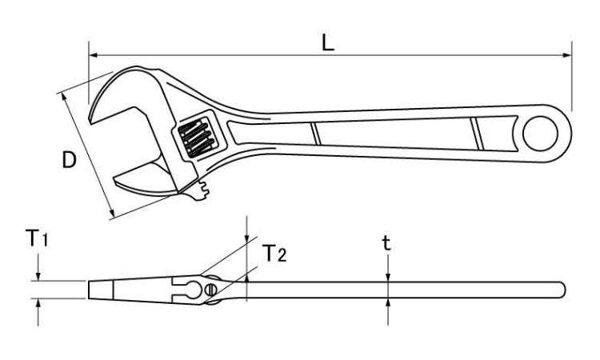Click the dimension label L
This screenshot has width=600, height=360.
pos(327,43)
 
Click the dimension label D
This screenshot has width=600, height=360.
pos(70,160)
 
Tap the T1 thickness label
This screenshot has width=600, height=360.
pos(37,238)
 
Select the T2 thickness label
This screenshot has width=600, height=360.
pos(274,253)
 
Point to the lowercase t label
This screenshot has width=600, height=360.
pos(387,242)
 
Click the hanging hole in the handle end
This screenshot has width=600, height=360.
pos(540,134)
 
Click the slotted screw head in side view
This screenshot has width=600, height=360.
pos(210,290)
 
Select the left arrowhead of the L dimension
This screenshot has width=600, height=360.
pos(94,55)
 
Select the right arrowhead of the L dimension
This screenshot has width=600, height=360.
pos(566,55)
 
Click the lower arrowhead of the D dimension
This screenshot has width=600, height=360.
pos(111,213)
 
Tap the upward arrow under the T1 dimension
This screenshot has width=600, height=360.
pos(38,312)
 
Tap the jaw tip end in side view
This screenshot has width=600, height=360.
pos(89,290)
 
